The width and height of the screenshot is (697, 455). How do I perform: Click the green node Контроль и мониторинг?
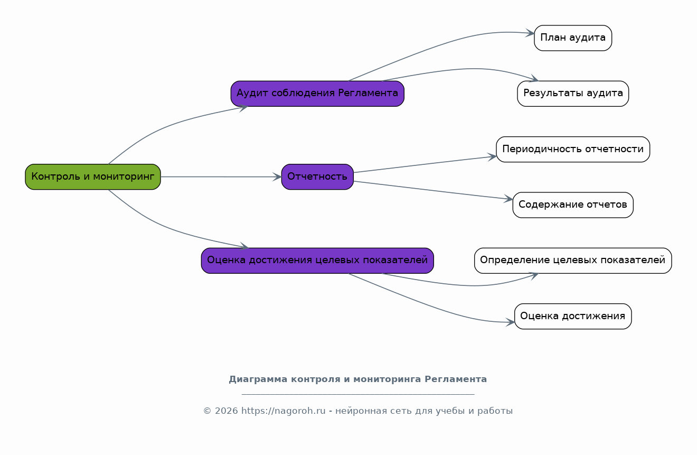click(x=93, y=177)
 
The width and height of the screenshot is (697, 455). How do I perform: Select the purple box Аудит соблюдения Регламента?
click(x=317, y=94)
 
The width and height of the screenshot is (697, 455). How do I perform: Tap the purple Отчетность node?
click(x=317, y=177)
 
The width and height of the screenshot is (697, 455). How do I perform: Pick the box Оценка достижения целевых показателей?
click(x=317, y=261)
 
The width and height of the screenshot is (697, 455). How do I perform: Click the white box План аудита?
click(x=573, y=38)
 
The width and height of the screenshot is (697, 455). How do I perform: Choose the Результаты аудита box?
click(x=573, y=94)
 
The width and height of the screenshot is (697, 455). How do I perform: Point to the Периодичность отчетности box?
click(x=573, y=149)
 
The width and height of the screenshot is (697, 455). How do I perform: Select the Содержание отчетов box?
click(x=573, y=205)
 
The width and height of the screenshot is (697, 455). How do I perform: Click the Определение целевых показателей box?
click(x=573, y=261)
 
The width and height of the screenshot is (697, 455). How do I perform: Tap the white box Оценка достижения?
click(x=573, y=316)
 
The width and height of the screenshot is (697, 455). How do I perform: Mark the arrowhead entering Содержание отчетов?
click(x=508, y=199)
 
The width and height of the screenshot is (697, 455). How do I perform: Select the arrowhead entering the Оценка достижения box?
click(x=510, y=322)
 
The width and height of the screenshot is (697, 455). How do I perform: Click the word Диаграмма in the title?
click(x=258, y=379)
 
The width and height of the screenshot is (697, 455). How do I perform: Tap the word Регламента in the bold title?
click(x=456, y=379)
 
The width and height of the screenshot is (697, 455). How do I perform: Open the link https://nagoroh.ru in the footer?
click(x=283, y=411)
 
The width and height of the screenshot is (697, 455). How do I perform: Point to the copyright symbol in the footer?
click(x=207, y=411)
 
